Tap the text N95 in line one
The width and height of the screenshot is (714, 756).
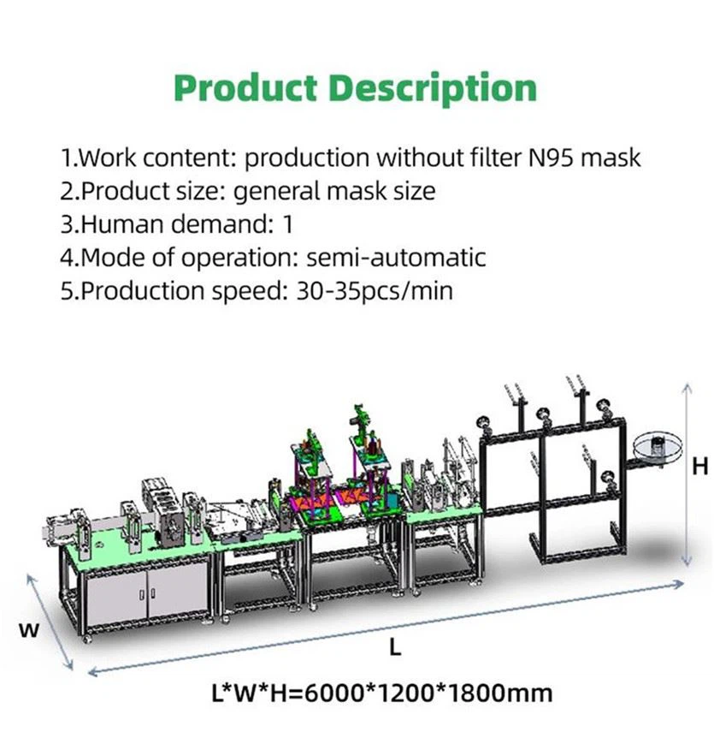[541, 158]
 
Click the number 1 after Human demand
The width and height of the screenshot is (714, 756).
[287, 224]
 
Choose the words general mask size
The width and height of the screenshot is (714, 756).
[334, 191]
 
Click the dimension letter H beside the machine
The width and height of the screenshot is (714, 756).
[700, 466]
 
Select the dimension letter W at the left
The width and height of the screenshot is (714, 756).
[30, 630]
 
